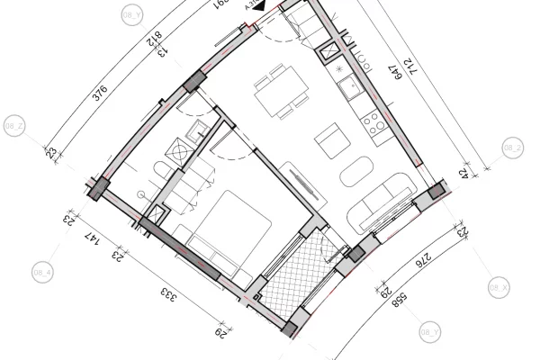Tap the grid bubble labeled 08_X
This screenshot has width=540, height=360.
499,287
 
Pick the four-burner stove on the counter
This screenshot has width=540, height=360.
370,122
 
